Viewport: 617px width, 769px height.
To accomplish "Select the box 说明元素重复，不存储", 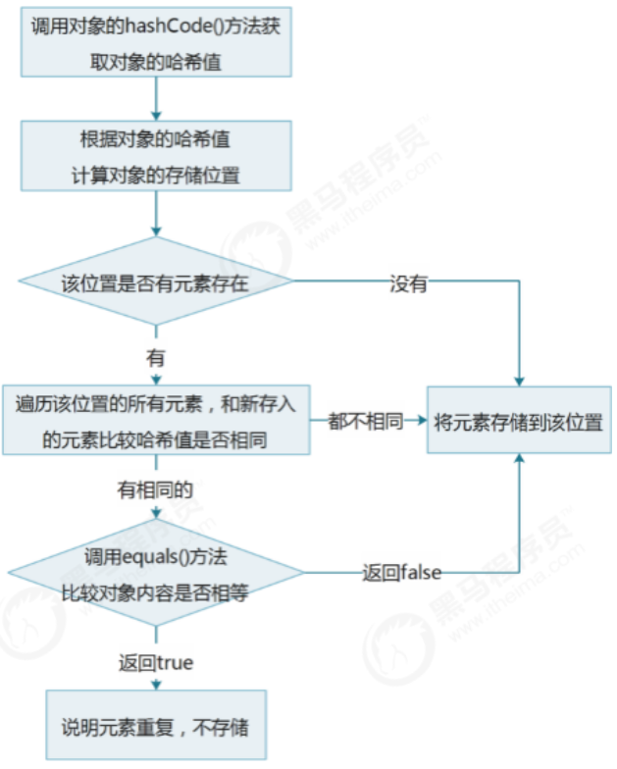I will click(156, 726).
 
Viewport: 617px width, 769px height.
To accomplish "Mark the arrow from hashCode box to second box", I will click(156, 98).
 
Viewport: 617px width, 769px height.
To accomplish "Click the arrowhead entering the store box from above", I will click(518, 378).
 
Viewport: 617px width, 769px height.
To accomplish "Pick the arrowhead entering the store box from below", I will click(518, 461).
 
